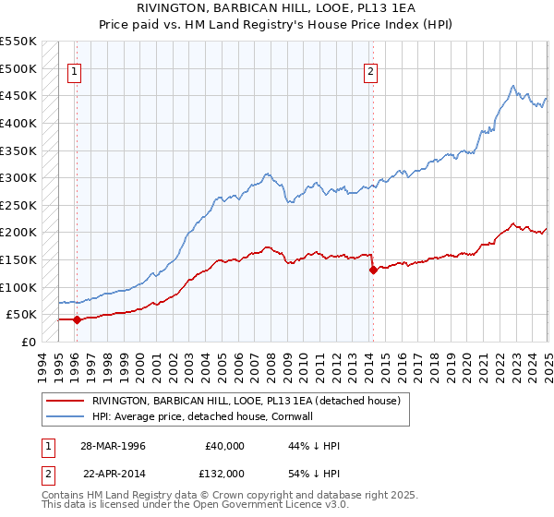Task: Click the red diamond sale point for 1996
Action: coord(78,320)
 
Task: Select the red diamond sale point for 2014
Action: coord(373,271)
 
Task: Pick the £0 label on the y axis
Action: coord(28,342)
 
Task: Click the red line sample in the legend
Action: coord(66,401)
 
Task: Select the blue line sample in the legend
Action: coord(66,416)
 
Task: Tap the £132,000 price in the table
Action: coord(223,474)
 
